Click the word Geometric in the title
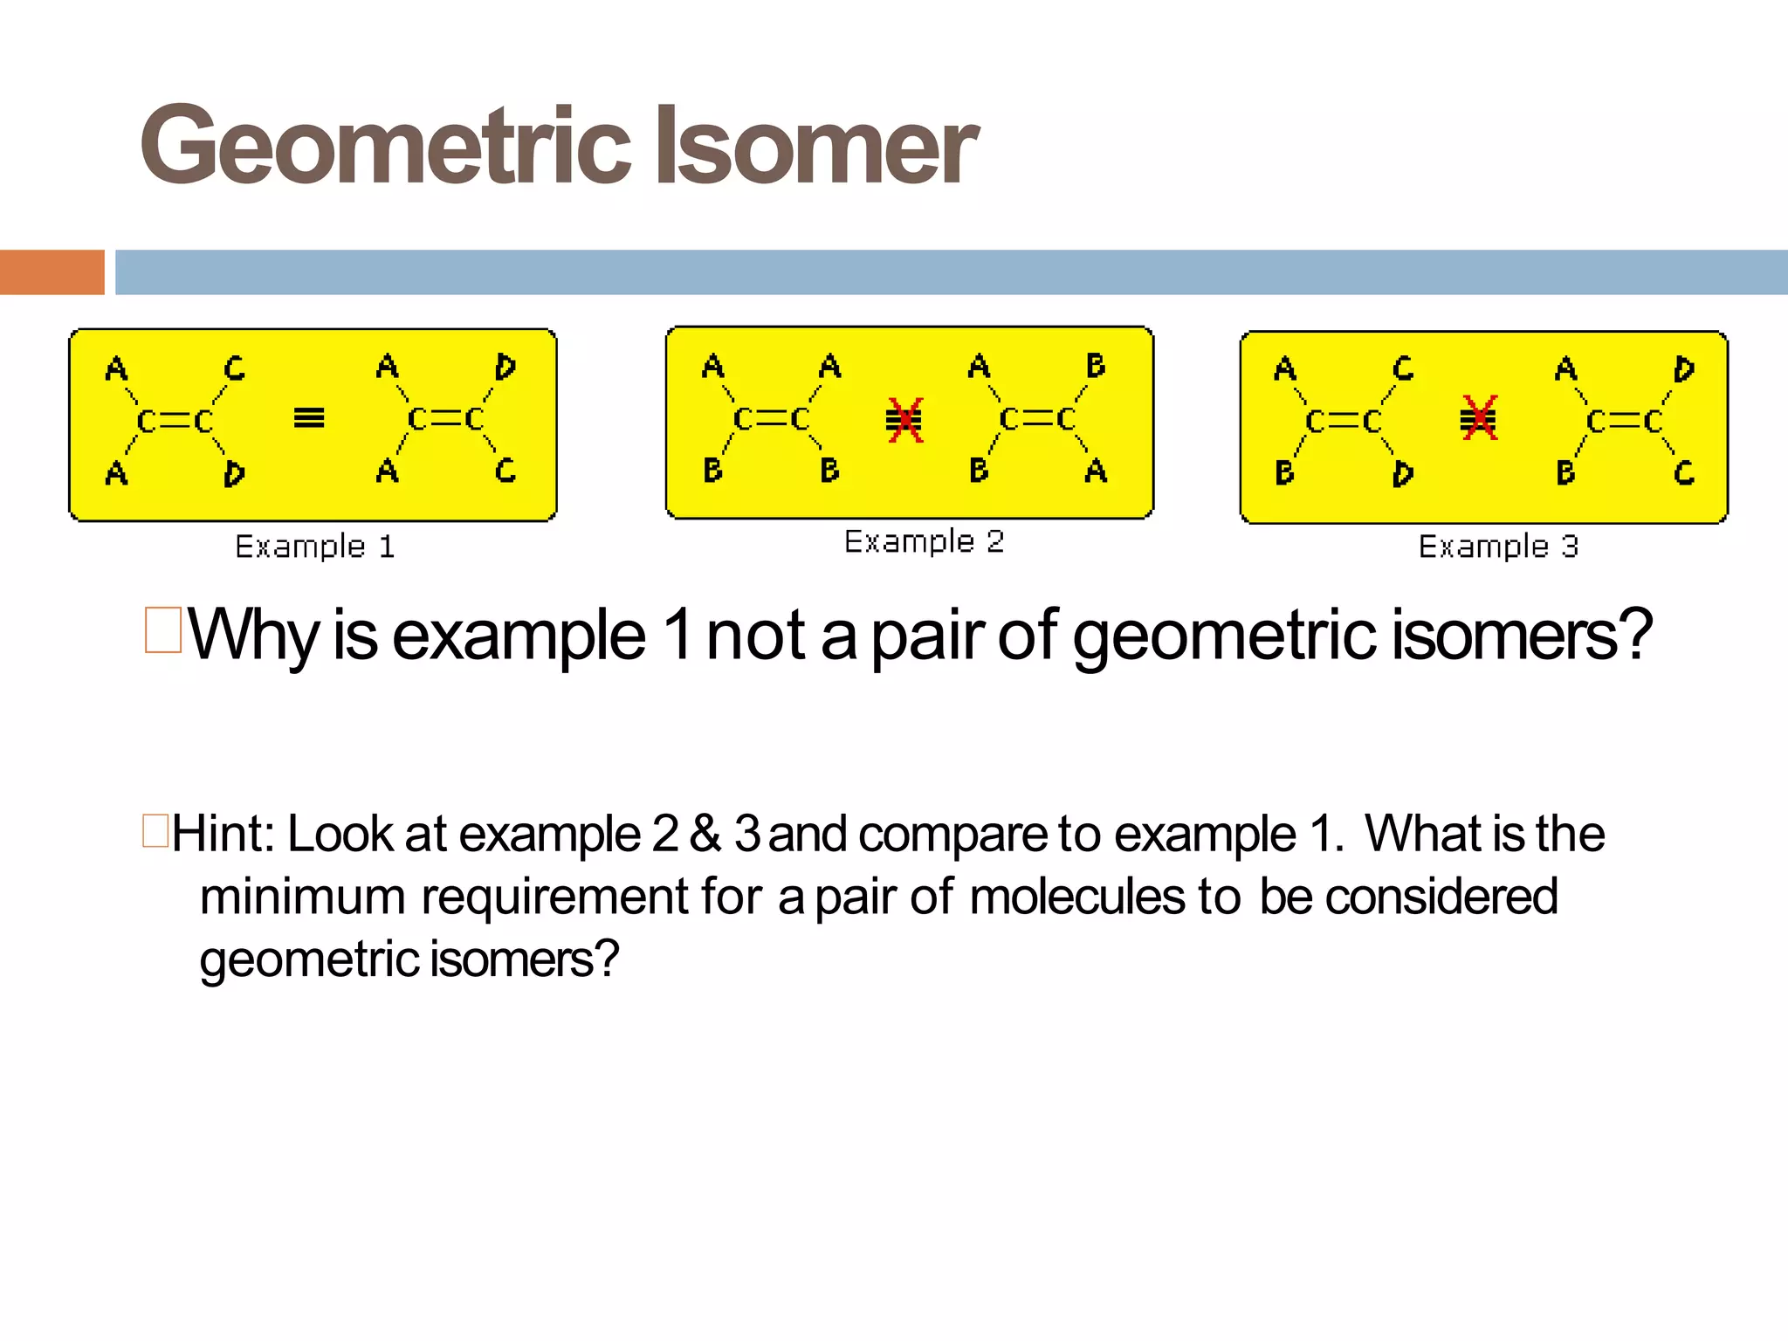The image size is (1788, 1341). [x=384, y=146]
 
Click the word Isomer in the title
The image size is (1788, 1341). [x=815, y=146]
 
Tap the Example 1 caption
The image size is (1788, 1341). [x=315, y=547]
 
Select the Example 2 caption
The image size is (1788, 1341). [x=924, y=542]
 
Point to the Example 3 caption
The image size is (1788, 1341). [x=1498, y=547]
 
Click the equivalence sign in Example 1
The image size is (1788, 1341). [x=309, y=418]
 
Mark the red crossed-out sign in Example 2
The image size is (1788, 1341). [x=904, y=420]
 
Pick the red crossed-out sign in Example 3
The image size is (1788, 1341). [x=1478, y=418]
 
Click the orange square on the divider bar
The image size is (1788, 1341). [x=52, y=272]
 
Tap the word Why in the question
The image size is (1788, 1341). [x=253, y=636]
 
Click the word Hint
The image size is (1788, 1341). [x=222, y=834]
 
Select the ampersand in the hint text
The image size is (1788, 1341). [x=705, y=834]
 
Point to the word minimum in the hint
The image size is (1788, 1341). [x=302, y=897]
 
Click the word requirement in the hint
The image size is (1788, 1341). [x=555, y=898]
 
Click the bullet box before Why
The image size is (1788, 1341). [x=163, y=630]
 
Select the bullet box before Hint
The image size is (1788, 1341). [x=155, y=830]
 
